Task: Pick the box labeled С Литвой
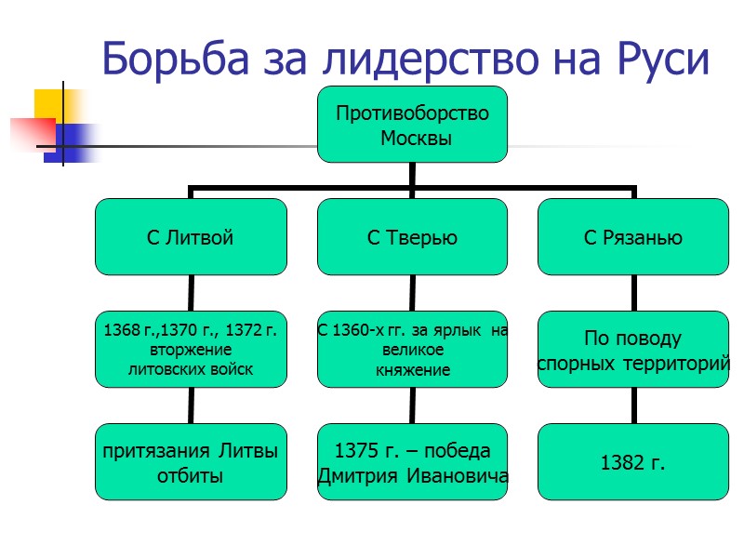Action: point(191,237)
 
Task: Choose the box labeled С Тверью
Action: point(412,237)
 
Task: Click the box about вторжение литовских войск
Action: point(191,350)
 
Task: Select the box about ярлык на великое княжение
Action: point(412,350)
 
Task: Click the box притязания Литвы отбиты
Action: point(191,462)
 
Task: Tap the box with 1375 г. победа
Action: point(412,462)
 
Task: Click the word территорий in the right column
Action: point(679,364)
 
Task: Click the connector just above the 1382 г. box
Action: point(634,405)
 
